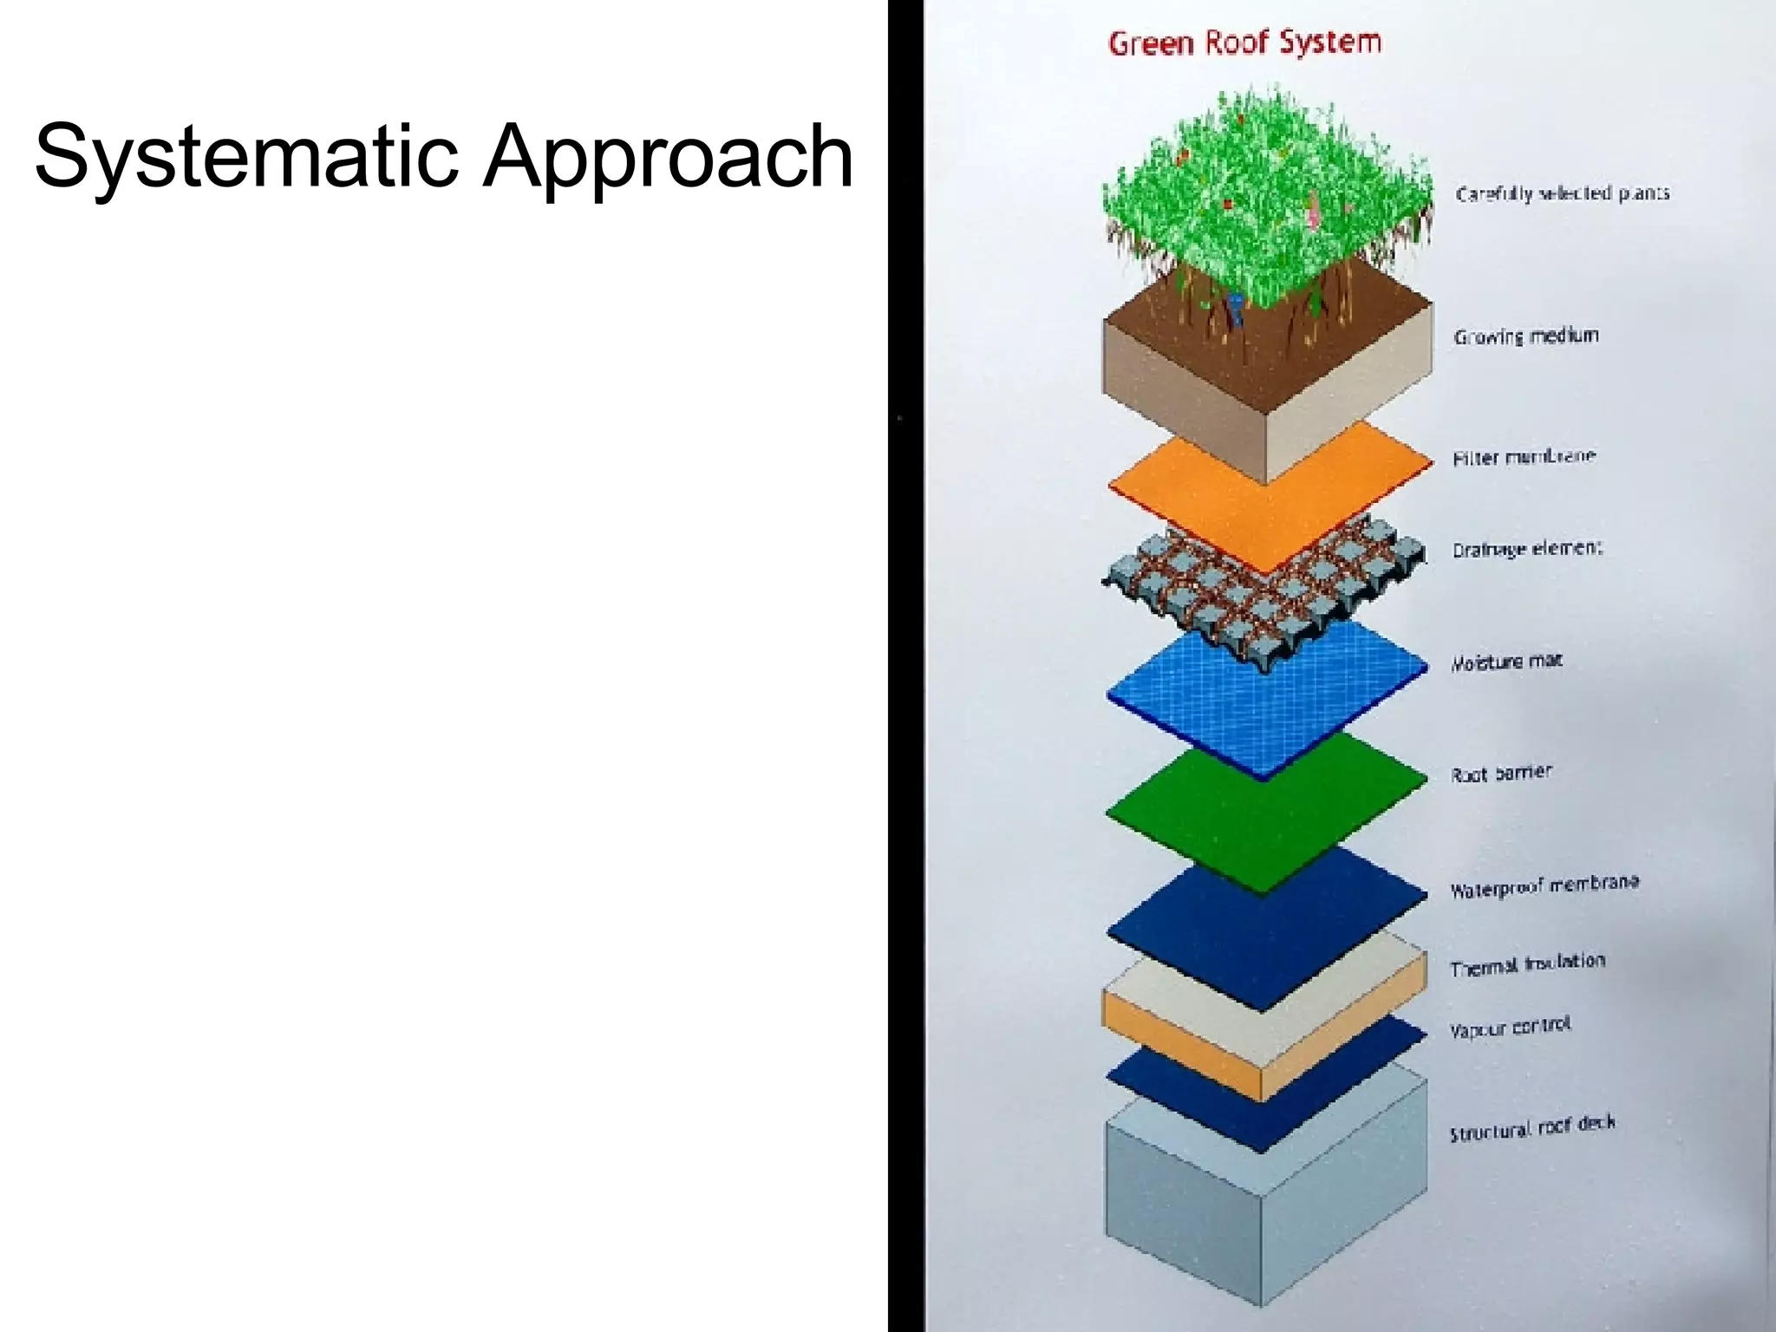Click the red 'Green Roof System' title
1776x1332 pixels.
pos(1244,42)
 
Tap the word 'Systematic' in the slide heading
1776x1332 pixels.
pos(245,156)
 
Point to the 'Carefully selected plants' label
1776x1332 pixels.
pos(1563,193)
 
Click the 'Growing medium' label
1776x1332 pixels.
pos(1526,336)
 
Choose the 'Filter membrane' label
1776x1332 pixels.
pos(1524,457)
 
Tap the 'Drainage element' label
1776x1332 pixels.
pos(1527,549)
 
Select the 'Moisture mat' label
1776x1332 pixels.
pos(1506,662)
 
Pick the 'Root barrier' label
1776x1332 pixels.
pos(1501,773)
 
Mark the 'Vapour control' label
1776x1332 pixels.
pos(1510,1028)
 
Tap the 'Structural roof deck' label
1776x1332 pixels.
pos(1531,1127)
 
